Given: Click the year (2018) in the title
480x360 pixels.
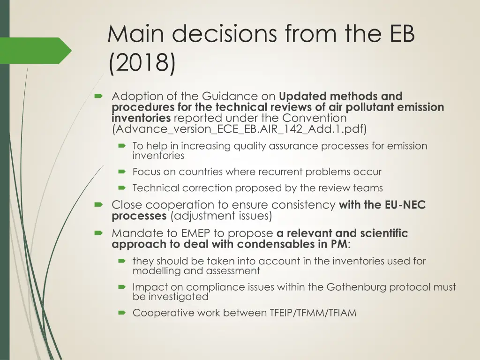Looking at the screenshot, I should (x=142, y=64).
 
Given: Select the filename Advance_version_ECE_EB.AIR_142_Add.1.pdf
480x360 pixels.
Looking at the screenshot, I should (x=239, y=129).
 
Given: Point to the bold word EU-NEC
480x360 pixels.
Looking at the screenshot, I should (x=405, y=205).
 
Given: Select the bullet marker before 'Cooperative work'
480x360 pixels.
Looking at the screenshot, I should (x=122, y=313).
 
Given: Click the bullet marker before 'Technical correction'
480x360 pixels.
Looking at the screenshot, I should (x=122, y=188).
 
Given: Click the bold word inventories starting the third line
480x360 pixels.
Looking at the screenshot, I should (x=141, y=118).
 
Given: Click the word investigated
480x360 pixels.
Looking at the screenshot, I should (x=178, y=297).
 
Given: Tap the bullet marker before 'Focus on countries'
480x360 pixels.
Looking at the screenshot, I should (x=122, y=172).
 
